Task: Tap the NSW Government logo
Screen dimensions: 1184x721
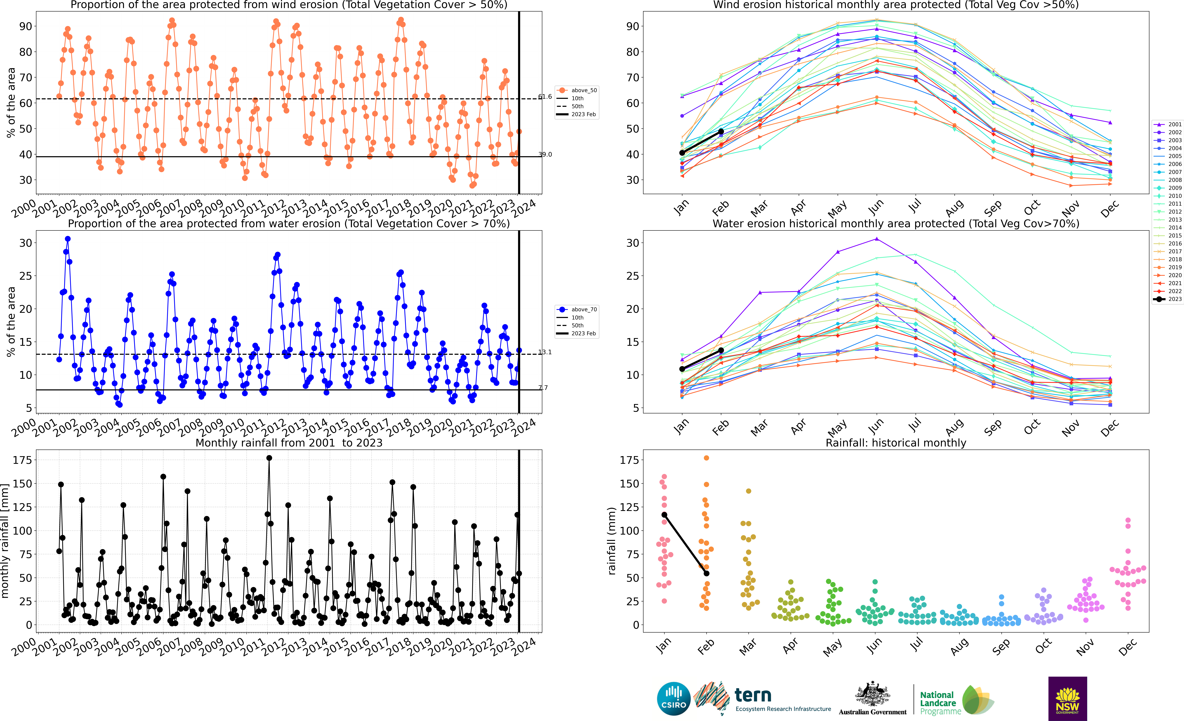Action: tap(1068, 698)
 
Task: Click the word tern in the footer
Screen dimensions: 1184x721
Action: tap(753, 695)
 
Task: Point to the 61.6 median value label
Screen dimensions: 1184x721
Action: tap(545, 97)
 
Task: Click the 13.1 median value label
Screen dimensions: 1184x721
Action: tap(545, 352)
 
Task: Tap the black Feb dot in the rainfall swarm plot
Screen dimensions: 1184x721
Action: tap(706, 573)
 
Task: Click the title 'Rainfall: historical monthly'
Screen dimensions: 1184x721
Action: tap(896, 443)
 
